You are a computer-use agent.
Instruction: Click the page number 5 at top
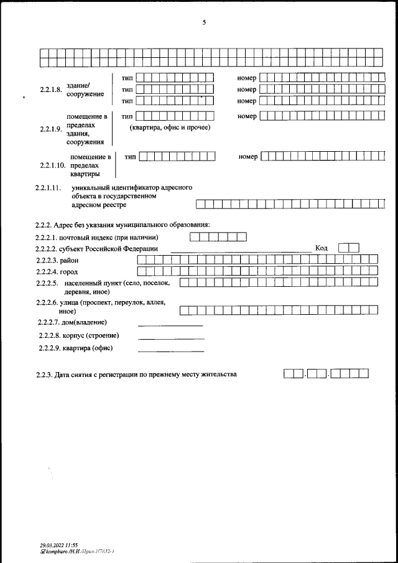tap(204, 22)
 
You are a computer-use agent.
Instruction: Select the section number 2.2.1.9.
tap(51, 129)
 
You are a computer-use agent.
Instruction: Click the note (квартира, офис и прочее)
tap(170, 128)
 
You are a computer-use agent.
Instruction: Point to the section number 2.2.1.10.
tap(53, 166)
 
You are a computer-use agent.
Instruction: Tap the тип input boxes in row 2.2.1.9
tap(175, 116)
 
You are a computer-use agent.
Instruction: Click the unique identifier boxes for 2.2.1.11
tap(290, 203)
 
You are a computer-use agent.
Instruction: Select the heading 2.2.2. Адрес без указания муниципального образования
tap(123, 225)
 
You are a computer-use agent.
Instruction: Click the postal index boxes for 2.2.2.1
tap(218, 236)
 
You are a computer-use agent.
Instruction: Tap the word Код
tap(322, 248)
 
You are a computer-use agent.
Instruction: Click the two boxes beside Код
tap(353, 248)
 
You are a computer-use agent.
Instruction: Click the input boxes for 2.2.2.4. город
tap(257, 271)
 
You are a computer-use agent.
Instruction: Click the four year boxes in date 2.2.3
tap(350, 374)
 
